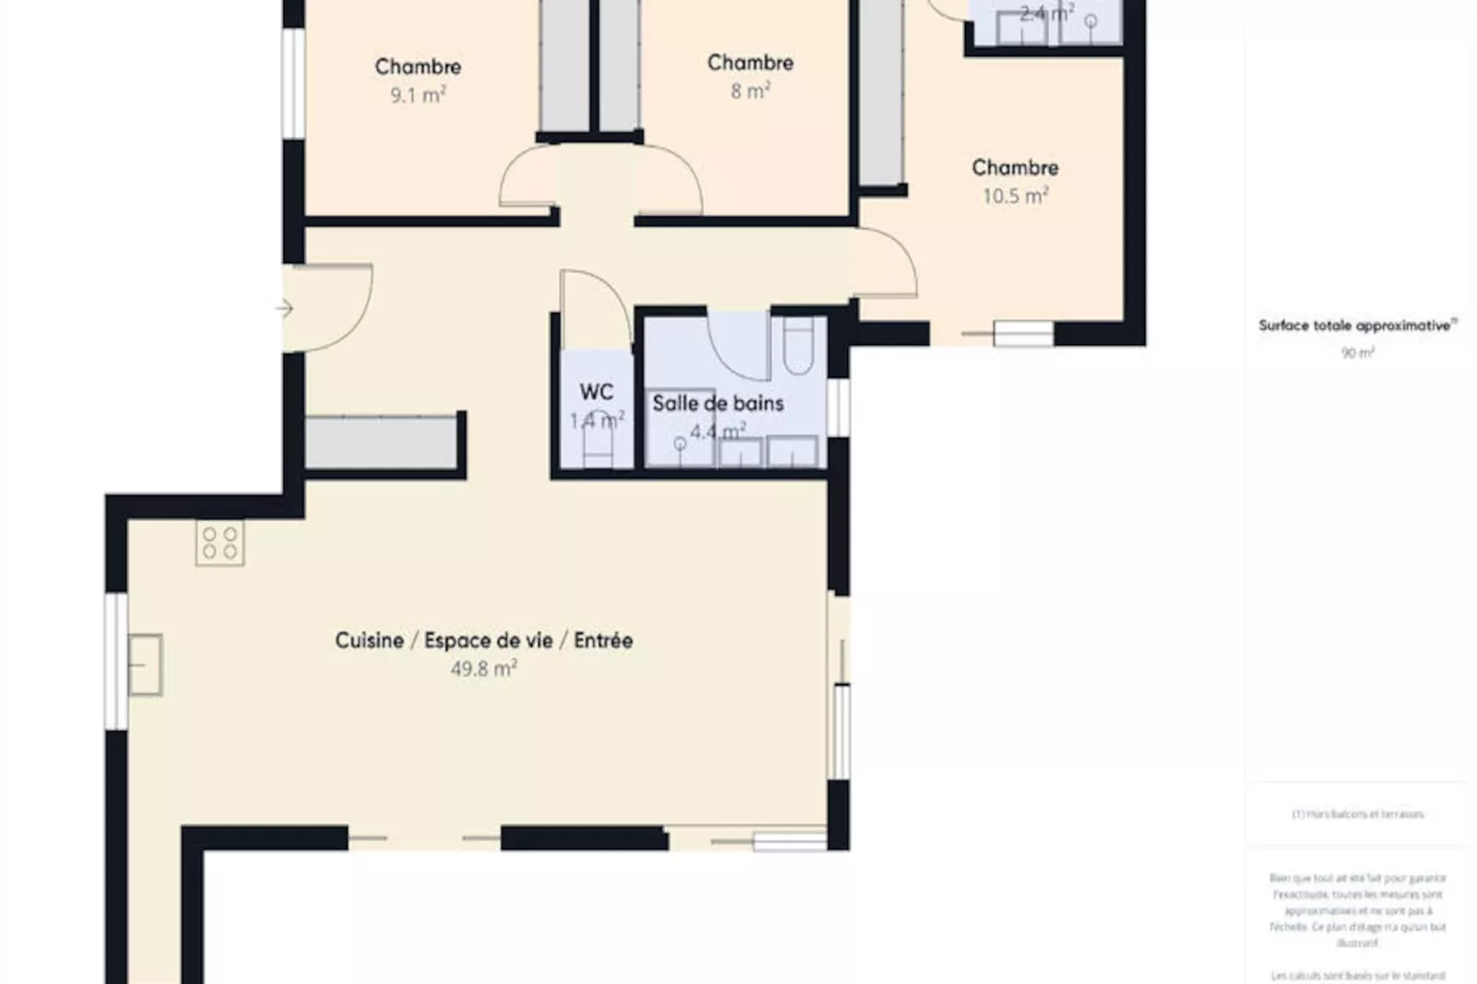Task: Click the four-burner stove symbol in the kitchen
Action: pyautogui.click(x=220, y=543)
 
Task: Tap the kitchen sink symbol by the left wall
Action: pyautogui.click(x=145, y=664)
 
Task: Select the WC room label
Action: pyautogui.click(x=596, y=392)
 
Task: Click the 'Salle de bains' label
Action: pyautogui.click(x=717, y=403)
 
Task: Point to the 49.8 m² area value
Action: pyautogui.click(x=483, y=669)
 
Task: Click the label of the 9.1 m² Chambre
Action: pyautogui.click(x=418, y=66)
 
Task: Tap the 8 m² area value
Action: pyautogui.click(x=750, y=91)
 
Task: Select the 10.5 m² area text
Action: pyautogui.click(x=1014, y=196)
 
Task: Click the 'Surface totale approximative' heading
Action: pyautogui.click(x=1357, y=326)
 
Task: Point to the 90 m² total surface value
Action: pyautogui.click(x=1357, y=353)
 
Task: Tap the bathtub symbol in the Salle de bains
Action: pyautogui.click(x=798, y=345)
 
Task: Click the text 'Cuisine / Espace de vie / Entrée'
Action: pyautogui.click(x=483, y=640)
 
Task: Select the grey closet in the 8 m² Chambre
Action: pyautogui.click(x=619, y=64)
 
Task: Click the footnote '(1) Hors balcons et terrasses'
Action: pyautogui.click(x=1357, y=814)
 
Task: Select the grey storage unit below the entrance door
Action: pyautogui.click(x=381, y=442)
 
